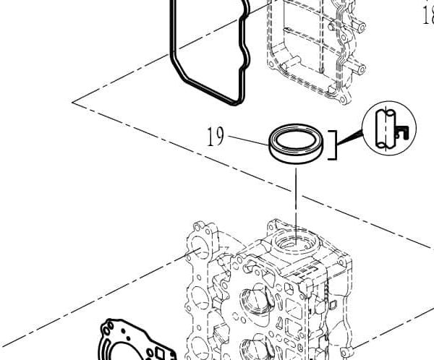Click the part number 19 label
(215, 137)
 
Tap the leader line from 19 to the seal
(250, 141)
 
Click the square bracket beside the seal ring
(333, 144)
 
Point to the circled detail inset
(389, 127)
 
